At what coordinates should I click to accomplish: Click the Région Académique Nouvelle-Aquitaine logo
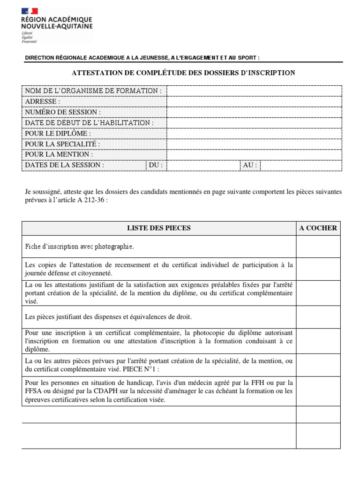pyautogui.click(x=57, y=26)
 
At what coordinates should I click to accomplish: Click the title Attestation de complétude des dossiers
pyautogui.click(x=183, y=73)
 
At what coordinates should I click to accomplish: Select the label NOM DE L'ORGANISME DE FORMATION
pyautogui.click(x=93, y=90)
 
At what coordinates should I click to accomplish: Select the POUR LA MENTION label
pyautogui.click(x=59, y=154)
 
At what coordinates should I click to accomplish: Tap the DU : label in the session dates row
pyautogui.click(x=156, y=165)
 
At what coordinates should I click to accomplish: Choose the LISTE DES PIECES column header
pyautogui.click(x=159, y=228)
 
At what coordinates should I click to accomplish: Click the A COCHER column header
pyautogui.click(x=318, y=228)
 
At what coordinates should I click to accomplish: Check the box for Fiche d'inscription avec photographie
pyautogui.click(x=318, y=247)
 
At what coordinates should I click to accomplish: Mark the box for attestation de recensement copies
pyautogui.click(x=318, y=269)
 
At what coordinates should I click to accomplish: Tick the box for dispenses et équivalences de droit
pyautogui.click(x=318, y=317)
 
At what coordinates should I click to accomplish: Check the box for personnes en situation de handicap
pyautogui.click(x=318, y=391)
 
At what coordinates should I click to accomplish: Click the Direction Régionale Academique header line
pyautogui.click(x=142, y=58)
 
